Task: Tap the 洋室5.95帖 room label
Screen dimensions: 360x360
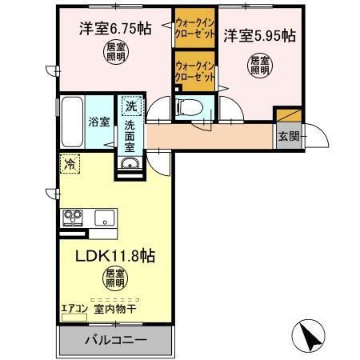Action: pyautogui.click(x=259, y=35)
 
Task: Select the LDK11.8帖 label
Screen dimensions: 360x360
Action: pyautogui.click(x=114, y=257)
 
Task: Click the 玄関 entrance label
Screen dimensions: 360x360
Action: pyautogui.click(x=288, y=136)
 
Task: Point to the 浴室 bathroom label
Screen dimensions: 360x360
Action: pyautogui.click(x=98, y=122)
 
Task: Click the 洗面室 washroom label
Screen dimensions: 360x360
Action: pyautogui.click(x=130, y=137)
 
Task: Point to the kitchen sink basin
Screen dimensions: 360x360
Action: pyautogui.click(x=105, y=217)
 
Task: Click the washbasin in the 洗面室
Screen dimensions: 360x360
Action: pyautogui.click(x=130, y=165)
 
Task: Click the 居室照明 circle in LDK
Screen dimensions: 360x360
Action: pyautogui.click(x=114, y=279)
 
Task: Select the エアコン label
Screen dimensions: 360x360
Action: pyautogui.click(x=74, y=306)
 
